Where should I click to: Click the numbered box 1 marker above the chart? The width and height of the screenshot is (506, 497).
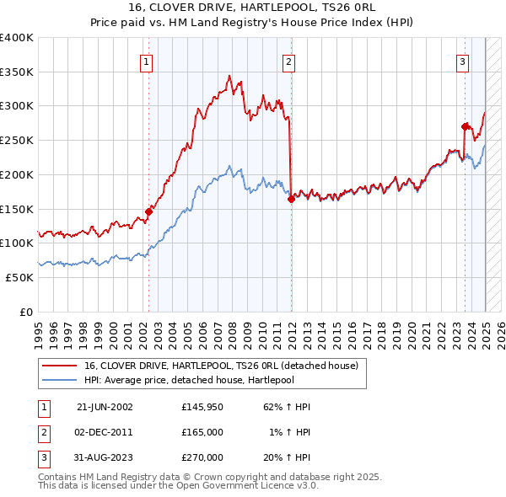(147, 61)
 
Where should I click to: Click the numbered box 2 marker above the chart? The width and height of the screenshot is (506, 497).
(288, 61)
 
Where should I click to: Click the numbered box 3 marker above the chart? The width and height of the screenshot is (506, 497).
(463, 61)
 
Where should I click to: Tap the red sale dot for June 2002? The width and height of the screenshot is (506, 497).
(148, 211)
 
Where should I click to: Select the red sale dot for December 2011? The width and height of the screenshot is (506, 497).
(290, 200)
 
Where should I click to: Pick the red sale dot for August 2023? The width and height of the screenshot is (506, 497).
(465, 126)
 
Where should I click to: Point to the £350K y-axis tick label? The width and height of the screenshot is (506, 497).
(17, 72)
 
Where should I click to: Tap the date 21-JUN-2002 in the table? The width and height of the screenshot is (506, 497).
(105, 406)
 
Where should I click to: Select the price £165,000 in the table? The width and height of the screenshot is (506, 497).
(202, 431)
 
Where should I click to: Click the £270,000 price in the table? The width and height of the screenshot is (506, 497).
(202, 457)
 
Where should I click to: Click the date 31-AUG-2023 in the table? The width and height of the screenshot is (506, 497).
(105, 457)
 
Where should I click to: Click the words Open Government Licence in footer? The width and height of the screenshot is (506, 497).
(245, 485)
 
